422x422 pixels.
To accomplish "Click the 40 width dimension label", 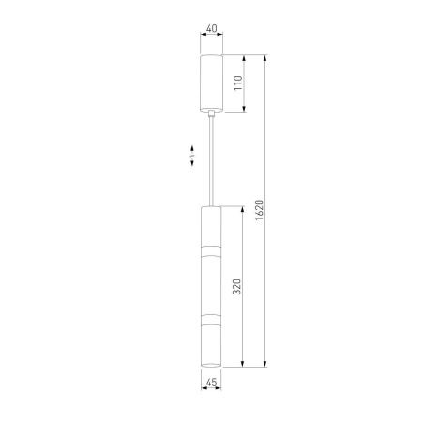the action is pos(212,28).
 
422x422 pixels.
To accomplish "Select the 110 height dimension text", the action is pos(238,83).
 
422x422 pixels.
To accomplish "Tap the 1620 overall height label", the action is pos(260,210).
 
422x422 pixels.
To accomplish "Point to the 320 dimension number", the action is pos(237,286).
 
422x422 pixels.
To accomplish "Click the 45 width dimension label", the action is pos(211,383).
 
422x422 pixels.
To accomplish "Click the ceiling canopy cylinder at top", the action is pos(211,83).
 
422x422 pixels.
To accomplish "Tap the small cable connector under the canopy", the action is pos(212,113).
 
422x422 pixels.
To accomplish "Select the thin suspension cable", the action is pos(212,161).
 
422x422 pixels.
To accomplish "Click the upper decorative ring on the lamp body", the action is pos(211,250).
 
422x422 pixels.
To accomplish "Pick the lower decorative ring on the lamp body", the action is pos(211,320).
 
